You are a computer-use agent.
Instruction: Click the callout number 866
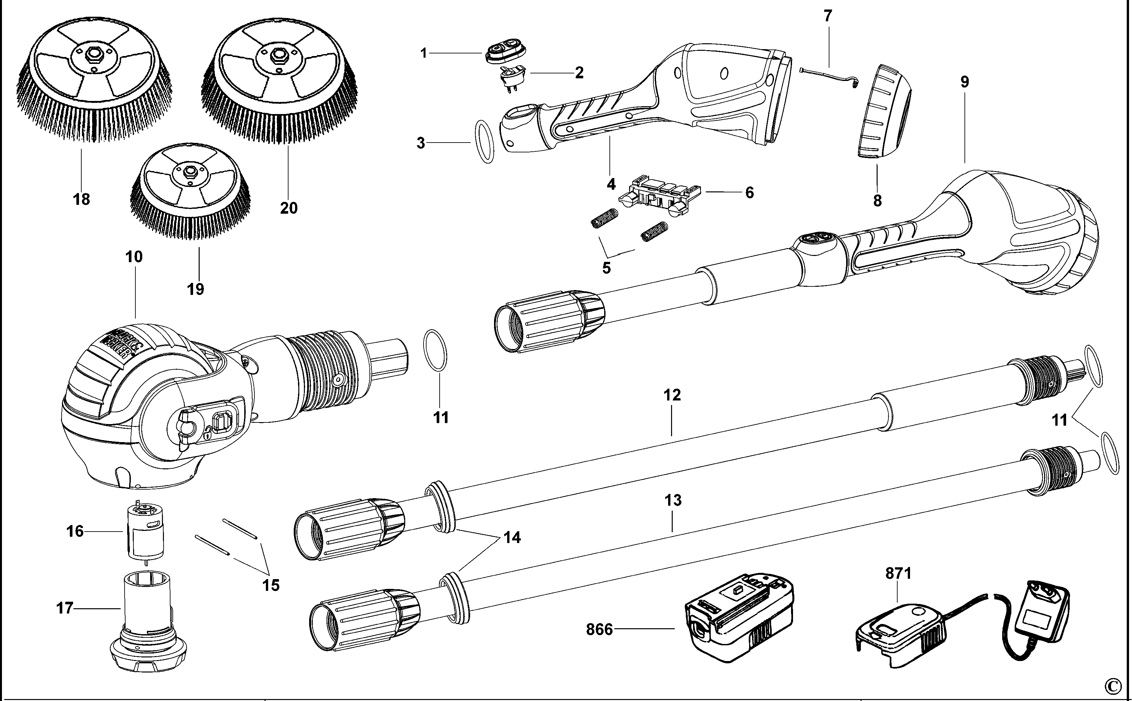click(x=599, y=630)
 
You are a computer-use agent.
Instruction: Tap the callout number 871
click(x=898, y=574)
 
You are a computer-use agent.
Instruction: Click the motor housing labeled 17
click(x=148, y=621)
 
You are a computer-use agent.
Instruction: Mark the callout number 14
click(x=512, y=538)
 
